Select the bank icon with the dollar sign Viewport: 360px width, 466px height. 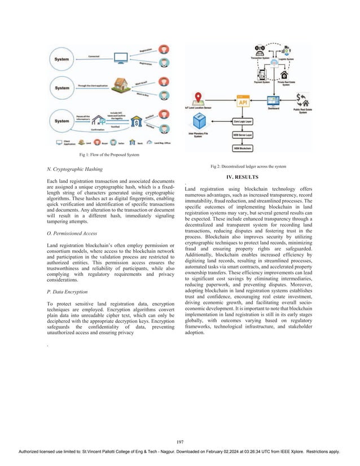[135, 122]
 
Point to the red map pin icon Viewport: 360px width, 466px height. [199, 98]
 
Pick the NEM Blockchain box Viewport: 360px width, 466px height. [242, 148]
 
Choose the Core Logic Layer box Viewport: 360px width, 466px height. [242, 121]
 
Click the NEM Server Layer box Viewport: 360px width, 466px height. [242, 135]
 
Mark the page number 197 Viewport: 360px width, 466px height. [179, 441]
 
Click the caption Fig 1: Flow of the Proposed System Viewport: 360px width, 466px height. [109, 155]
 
